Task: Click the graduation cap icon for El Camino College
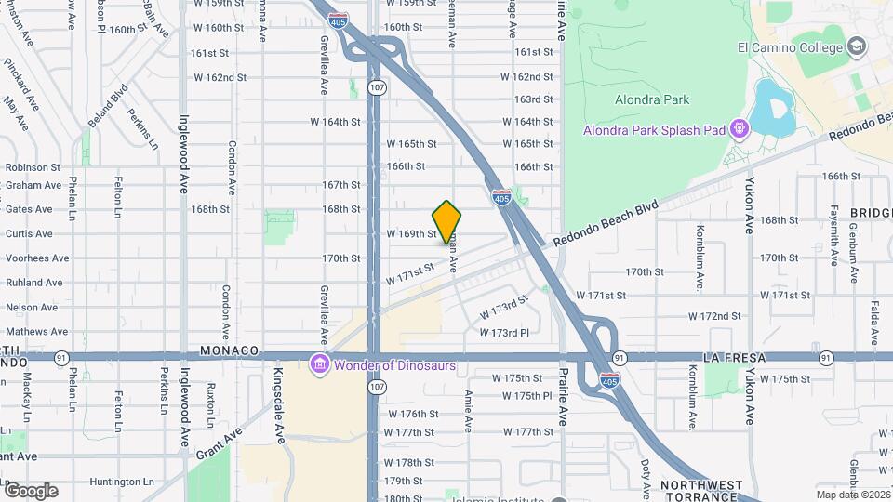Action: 856,46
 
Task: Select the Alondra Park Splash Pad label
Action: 653,129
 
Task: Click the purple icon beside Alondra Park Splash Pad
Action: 740,128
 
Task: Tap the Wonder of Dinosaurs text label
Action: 395,365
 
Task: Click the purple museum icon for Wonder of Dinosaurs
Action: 320,364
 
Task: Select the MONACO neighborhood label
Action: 227,350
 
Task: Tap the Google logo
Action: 30,490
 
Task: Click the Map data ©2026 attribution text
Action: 852,495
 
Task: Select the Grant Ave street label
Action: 220,443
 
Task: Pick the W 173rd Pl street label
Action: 504,332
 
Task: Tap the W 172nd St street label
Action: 715,316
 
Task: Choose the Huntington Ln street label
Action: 122,482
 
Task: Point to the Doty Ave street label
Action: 645,477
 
